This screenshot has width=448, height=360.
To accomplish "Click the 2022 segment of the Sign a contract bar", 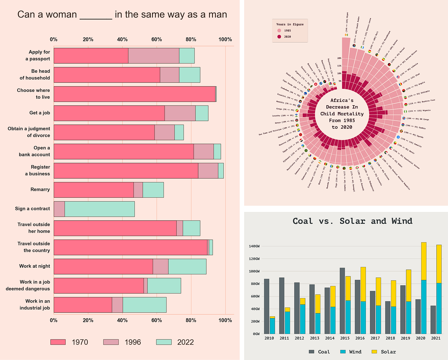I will [x=99, y=209].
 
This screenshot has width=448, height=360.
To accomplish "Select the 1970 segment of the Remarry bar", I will [x=93, y=190].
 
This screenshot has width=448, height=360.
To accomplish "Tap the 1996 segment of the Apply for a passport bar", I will [x=153, y=56].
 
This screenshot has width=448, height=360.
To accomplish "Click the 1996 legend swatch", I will [x=111, y=342].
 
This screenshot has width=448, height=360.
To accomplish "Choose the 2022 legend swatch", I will [x=163, y=342].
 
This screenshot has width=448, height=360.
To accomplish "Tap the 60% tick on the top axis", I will [x=156, y=40].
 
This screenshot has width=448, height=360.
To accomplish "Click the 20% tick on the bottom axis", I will [x=88, y=320].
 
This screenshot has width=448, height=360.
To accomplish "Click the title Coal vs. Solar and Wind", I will [x=352, y=221].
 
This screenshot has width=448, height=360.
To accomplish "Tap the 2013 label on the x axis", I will [x=314, y=338].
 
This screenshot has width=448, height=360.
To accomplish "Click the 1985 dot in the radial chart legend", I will [x=279, y=31].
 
